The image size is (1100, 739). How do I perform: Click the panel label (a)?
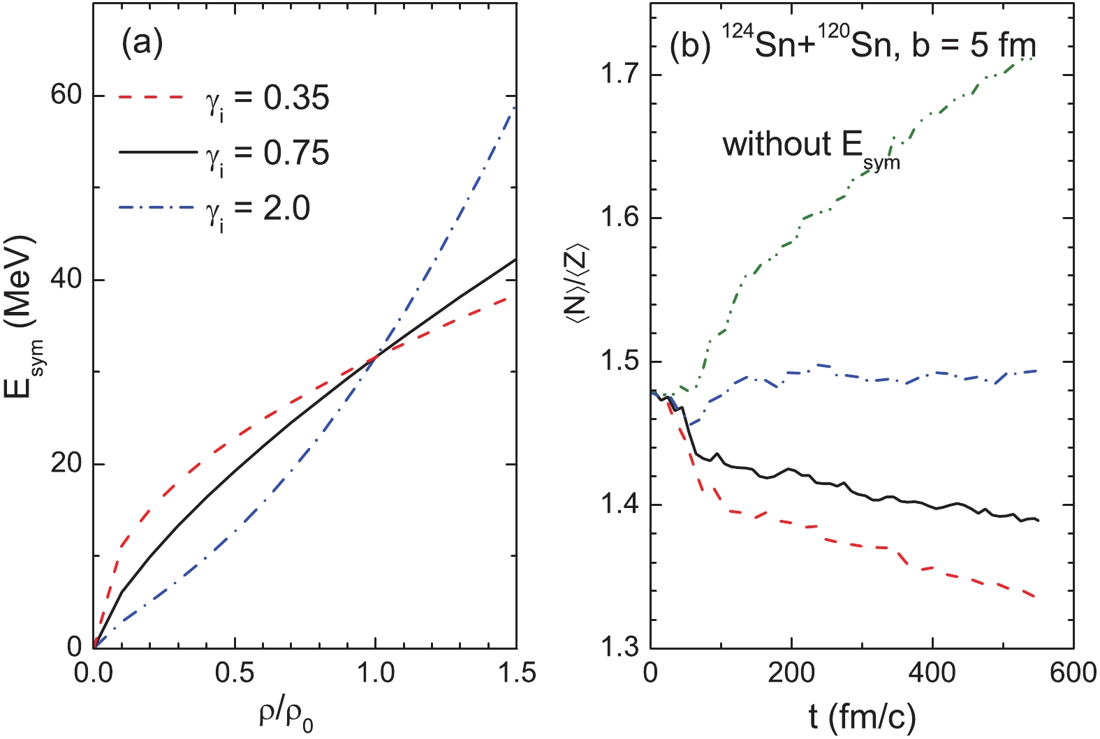142,44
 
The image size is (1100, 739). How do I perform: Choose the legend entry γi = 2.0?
258,209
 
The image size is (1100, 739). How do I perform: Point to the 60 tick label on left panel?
66,96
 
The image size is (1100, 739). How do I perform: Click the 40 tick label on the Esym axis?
66,280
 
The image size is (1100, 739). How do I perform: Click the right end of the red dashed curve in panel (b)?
1035,597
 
